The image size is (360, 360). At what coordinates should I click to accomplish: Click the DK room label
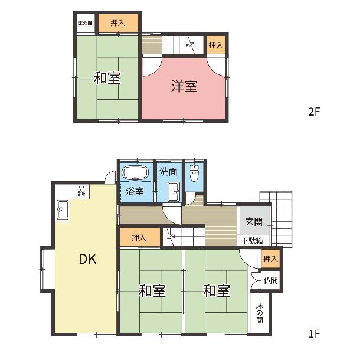click(87, 259)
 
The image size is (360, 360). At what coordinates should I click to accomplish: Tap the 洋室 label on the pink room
click(184, 86)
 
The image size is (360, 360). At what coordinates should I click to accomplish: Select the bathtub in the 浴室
click(135, 173)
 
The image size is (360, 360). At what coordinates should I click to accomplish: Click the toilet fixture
click(194, 174)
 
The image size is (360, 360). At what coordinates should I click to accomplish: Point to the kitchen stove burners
click(81, 191)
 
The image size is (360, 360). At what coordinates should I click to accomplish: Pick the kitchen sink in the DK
click(63, 210)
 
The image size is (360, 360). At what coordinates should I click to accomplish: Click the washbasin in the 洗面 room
click(174, 192)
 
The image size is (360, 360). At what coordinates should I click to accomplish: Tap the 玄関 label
click(254, 222)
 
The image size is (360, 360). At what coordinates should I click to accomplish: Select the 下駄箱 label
click(252, 241)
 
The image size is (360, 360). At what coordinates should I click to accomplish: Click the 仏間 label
click(271, 280)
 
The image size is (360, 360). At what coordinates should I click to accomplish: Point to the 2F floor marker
click(314, 112)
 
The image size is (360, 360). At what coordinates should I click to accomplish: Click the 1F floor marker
click(314, 334)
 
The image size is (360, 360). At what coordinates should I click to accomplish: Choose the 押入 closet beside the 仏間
click(270, 258)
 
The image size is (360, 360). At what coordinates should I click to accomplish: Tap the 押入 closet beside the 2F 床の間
click(118, 23)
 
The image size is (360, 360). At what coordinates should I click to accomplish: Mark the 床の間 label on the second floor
click(85, 23)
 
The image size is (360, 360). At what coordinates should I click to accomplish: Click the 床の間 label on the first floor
click(260, 313)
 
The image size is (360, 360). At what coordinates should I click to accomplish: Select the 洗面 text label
click(169, 172)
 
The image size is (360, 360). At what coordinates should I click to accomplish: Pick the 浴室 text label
click(135, 191)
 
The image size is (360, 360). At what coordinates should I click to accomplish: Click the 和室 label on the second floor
click(107, 78)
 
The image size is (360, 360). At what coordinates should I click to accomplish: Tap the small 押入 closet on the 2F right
click(216, 45)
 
